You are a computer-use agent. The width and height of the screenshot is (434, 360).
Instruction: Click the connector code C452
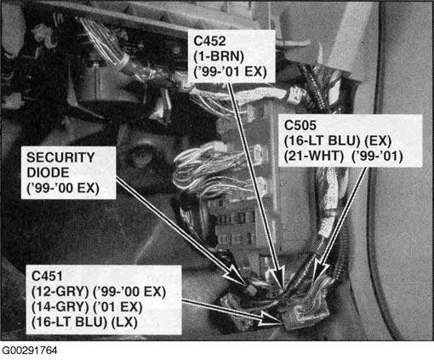coord(209,41)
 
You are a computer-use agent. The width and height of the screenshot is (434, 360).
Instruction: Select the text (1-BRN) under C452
coord(219,56)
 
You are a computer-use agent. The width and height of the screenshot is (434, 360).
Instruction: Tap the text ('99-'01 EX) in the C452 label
coord(230,71)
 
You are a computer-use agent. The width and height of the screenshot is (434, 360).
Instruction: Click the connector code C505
coord(300,125)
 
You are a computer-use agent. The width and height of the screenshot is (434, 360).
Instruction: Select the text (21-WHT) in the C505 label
coord(314,156)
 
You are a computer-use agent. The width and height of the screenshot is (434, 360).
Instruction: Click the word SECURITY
coord(60,157)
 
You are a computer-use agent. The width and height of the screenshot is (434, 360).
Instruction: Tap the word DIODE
coord(48,173)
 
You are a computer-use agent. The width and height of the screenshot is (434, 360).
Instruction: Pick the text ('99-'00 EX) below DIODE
coord(63,188)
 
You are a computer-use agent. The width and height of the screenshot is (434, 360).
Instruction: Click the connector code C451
coord(47,276)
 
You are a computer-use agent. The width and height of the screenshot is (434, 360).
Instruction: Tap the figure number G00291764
coord(30,351)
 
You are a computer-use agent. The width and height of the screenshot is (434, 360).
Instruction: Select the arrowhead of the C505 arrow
coord(318,273)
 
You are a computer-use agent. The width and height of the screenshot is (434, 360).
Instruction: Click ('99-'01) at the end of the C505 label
coord(377,156)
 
